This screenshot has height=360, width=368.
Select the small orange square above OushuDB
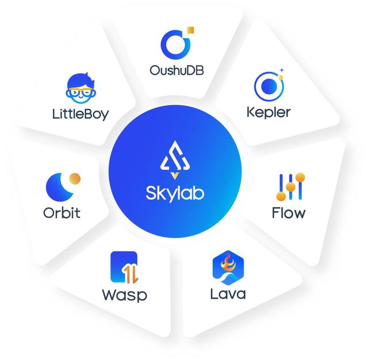click(x=192, y=29)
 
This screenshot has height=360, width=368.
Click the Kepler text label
click(x=269, y=111)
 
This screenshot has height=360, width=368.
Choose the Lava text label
click(x=228, y=294)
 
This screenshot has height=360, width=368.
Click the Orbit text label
click(x=62, y=213)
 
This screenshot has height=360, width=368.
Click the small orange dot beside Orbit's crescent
click(x=75, y=178)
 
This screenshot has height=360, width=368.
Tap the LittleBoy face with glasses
click(x=80, y=86)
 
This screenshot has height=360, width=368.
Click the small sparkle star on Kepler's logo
click(x=282, y=70)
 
